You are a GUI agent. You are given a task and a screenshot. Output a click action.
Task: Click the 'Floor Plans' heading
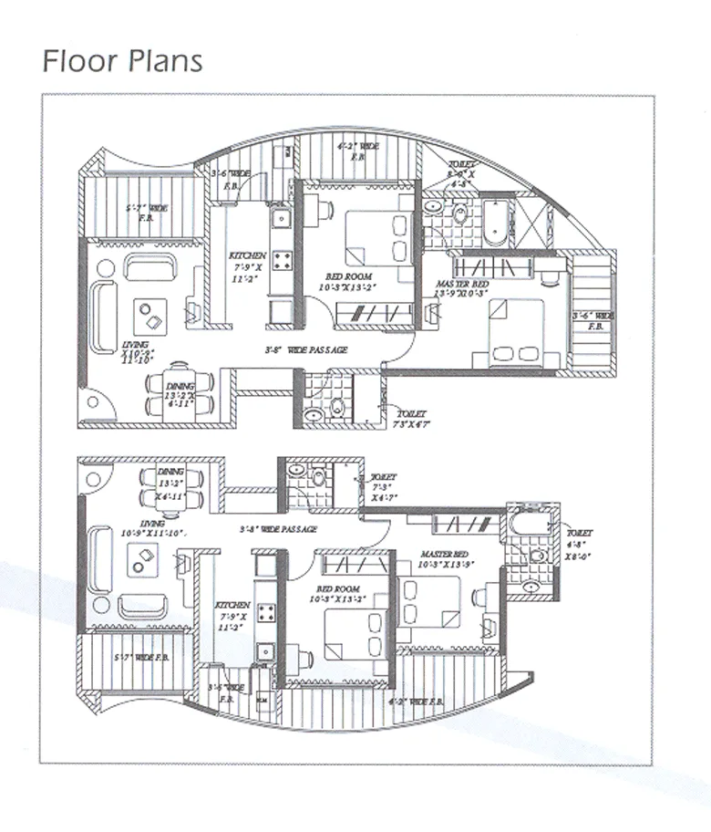pyautogui.click(x=122, y=61)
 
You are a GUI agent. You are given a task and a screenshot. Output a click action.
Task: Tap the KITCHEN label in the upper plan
pyautogui.click(x=248, y=255)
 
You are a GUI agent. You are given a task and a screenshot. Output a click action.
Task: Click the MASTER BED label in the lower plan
pyautogui.click(x=446, y=554)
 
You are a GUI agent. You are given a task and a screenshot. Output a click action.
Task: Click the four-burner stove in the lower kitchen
pyautogui.click(x=266, y=614)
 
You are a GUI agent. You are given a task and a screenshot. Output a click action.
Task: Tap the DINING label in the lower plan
pyautogui.click(x=170, y=471)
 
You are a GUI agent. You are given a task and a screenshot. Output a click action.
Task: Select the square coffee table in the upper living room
pyautogui.click(x=151, y=316)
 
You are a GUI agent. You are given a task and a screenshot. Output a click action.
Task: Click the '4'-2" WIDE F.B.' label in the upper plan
pyautogui.click(x=357, y=145)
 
